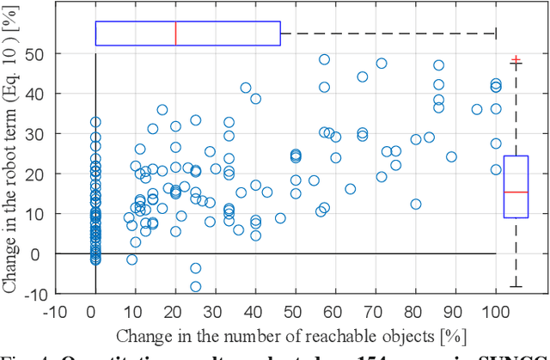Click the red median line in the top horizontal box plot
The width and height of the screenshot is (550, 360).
[x=175, y=34]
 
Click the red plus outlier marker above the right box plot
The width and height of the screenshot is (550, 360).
[x=516, y=60]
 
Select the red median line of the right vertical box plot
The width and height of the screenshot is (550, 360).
[x=516, y=192]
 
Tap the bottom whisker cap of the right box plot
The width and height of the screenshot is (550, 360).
[x=516, y=286]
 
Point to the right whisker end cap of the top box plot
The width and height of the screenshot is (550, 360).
[x=496, y=34]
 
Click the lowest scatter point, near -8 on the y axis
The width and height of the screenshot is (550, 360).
[x=195, y=286]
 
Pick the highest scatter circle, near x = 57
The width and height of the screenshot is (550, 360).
[x=324, y=59]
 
